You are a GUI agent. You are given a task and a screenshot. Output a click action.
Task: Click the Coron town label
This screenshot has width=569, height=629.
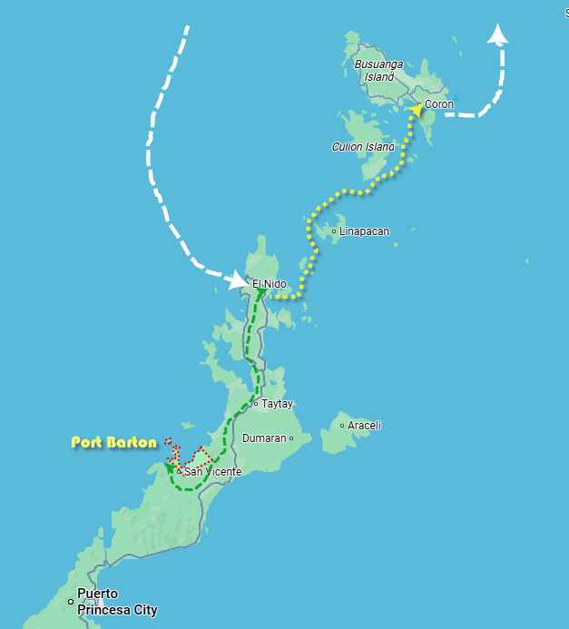(x=439, y=104)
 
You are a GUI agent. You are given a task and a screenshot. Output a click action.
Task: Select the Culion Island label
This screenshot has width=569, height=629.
(x=364, y=147)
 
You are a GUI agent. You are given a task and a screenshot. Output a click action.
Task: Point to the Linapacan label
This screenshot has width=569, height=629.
(x=364, y=231)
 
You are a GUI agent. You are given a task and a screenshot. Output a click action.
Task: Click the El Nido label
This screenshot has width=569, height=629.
(x=269, y=284)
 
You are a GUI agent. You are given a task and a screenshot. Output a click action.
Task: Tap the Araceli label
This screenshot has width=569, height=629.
(x=364, y=425)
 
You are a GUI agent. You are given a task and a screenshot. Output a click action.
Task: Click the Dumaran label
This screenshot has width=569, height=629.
(x=264, y=438)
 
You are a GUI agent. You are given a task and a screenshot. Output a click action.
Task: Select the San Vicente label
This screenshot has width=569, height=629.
(x=212, y=472)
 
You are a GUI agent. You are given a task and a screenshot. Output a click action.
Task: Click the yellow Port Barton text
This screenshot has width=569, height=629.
(x=113, y=443)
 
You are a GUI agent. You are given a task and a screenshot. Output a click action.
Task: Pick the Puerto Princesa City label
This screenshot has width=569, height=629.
(x=117, y=603)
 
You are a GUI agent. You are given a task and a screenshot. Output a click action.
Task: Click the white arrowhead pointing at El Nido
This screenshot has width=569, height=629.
(x=239, y=281)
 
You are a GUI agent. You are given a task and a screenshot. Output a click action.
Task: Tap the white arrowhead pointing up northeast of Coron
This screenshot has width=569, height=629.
(x=497, y=35)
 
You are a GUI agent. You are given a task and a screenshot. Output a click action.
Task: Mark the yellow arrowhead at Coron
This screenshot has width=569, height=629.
(x=414, y=111)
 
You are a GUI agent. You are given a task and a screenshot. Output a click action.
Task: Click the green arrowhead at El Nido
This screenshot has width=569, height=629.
(x=260, y=293)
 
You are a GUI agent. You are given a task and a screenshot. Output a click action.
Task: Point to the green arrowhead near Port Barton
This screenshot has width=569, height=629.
(x=171, y=468)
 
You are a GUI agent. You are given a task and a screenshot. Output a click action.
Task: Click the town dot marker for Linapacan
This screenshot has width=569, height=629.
(x=334, y=231)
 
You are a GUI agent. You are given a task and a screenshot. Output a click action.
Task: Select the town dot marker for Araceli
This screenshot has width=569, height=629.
(x=342, y=425)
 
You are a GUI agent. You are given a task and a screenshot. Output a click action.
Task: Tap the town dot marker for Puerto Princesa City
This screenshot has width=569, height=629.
(x=71, y=601)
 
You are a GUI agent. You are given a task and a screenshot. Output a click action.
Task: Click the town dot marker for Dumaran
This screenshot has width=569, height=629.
(x=291, y=438)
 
